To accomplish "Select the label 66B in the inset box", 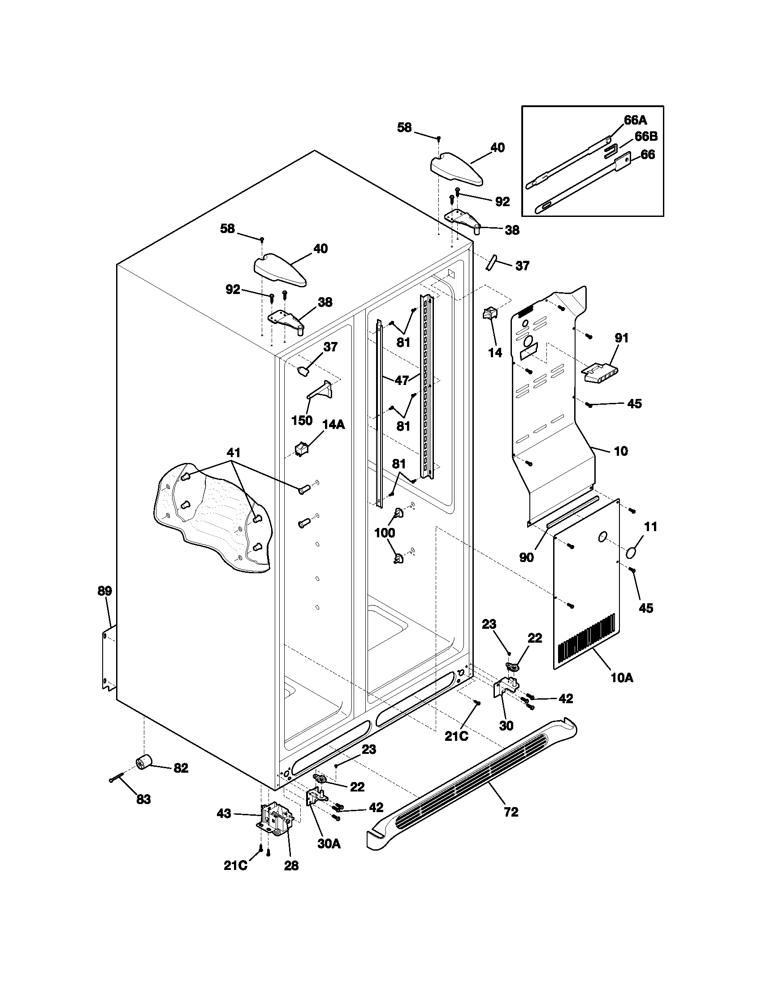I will click(646, 136).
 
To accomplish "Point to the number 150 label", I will click(302, 420).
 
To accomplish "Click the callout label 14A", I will click(333, 424).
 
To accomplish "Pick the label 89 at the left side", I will click(105, 591).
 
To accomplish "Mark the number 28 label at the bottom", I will click(291, 866).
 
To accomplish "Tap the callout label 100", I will click(385, 533).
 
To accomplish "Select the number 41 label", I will click(234, 452).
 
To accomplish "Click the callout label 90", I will click(526, 558).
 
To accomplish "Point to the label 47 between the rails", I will click(402, 381).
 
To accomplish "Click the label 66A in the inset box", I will click(636, 120).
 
